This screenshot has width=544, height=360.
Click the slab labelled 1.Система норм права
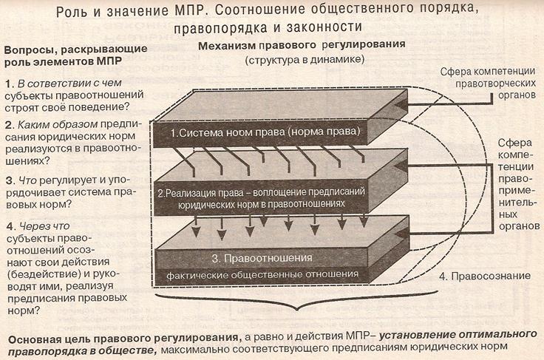(263, 133)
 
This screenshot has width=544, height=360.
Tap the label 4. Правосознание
(485, 276)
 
